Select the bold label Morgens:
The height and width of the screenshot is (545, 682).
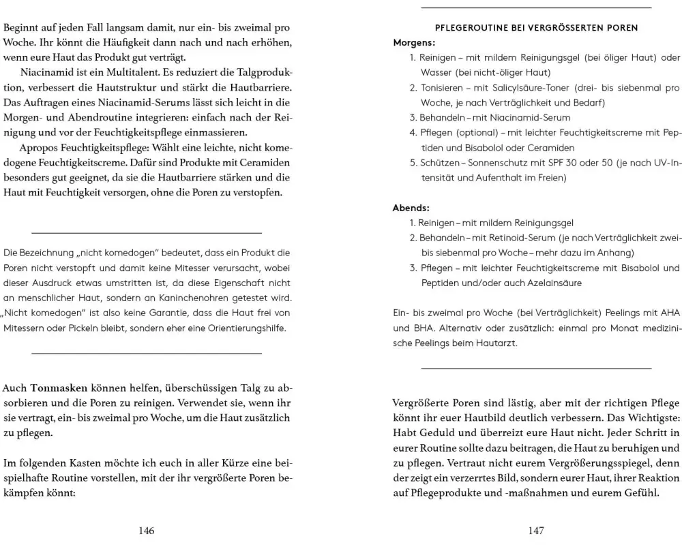[x=414, y=42]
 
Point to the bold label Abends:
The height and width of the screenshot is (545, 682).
[x=411, y=208]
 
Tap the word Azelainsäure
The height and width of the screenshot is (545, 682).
[x=552, y=283]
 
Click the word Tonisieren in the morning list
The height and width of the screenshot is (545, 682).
[x=442, y=88]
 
